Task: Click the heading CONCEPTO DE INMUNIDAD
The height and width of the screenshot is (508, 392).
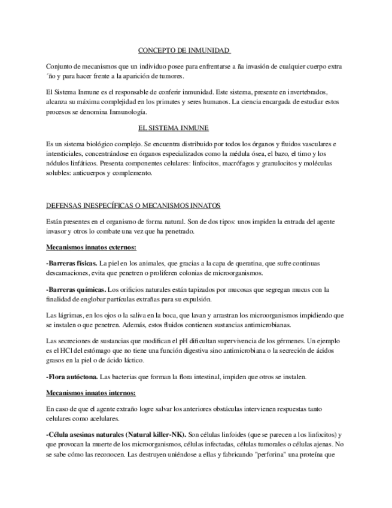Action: (184, 50)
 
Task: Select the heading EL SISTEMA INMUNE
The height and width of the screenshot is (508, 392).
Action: (173, 128)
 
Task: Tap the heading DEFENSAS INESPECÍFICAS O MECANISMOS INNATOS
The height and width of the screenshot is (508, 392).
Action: (133, 205)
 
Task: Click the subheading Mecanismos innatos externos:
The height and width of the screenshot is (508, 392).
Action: (91, 247)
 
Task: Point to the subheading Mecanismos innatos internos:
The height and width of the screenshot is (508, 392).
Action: (91, 393)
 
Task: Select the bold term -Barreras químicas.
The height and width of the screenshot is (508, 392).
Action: (75, 289)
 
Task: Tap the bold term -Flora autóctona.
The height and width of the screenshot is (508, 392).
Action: (72, 377)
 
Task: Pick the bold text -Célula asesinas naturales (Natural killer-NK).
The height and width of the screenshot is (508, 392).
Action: (116, 434)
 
